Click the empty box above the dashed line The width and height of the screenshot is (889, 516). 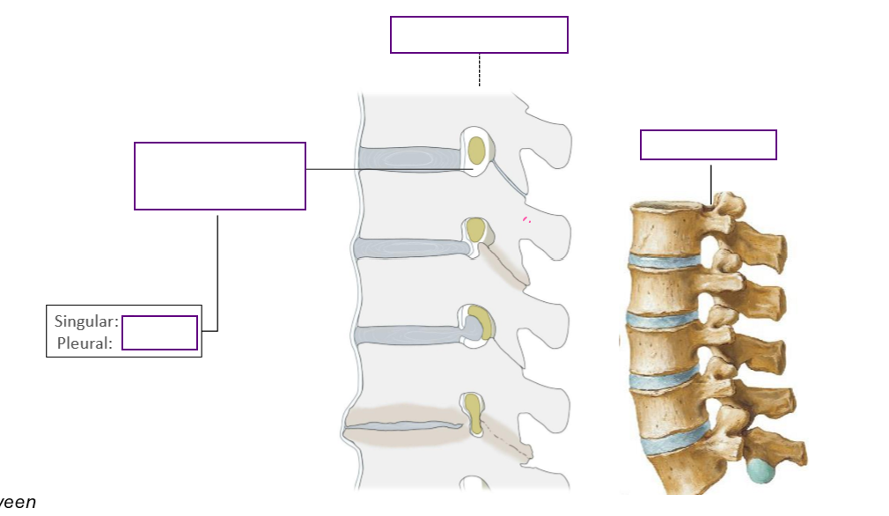(x=479, y=34)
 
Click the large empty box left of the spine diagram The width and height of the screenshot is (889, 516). (x=219, y=176)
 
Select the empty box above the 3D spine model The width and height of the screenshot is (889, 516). (x=708, y=144)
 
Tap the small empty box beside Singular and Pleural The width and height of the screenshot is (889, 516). (x=159, y=333)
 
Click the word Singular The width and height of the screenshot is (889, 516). (x=85, y=321)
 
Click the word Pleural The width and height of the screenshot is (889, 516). (x=84, y=343)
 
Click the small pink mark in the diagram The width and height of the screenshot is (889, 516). (x=525, y=219)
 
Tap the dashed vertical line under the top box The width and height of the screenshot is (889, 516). (x=479, y=70)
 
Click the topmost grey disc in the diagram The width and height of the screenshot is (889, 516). (x=409, y=158)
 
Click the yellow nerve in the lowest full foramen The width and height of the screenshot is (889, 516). (x=474, y=414)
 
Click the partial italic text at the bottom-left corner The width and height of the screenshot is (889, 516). (x=18, y=503)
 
